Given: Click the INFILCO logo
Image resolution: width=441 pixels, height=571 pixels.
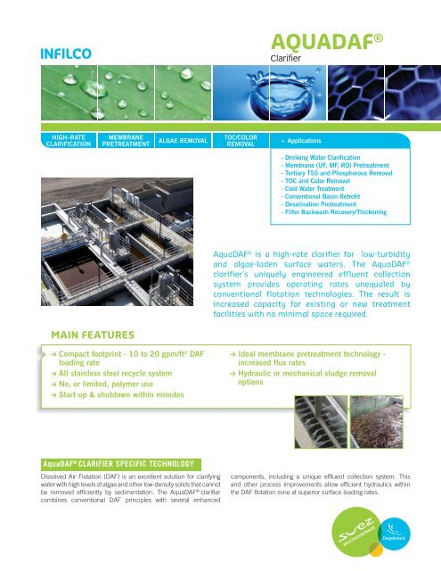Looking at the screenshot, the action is click(x=63, y=50).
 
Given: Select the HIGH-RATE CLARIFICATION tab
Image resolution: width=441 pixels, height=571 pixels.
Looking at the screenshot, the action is click(x=70, y=139).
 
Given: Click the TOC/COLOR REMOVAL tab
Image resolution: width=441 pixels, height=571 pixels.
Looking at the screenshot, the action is click(x=236, y=139).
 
